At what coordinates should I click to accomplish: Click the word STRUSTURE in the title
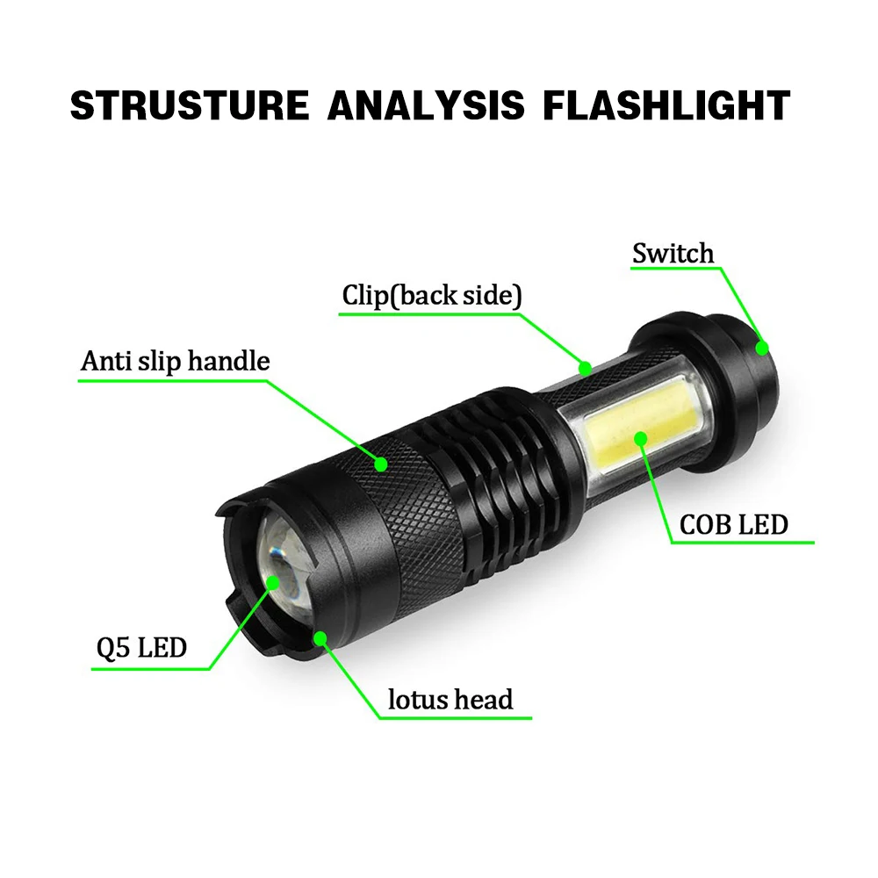(x=189, y=104)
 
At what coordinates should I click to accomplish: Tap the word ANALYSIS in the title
(x=425, y=104)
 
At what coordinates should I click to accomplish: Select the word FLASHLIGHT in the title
(x=666, y=104)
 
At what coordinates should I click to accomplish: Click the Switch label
(x=673, y=255)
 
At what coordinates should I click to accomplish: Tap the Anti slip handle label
(x=176, y=361)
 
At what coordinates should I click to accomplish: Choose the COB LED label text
(x=734, y=524)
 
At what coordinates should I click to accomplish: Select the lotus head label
(x=450, y=700)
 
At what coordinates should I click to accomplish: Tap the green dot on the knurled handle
(x=382, y=464)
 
